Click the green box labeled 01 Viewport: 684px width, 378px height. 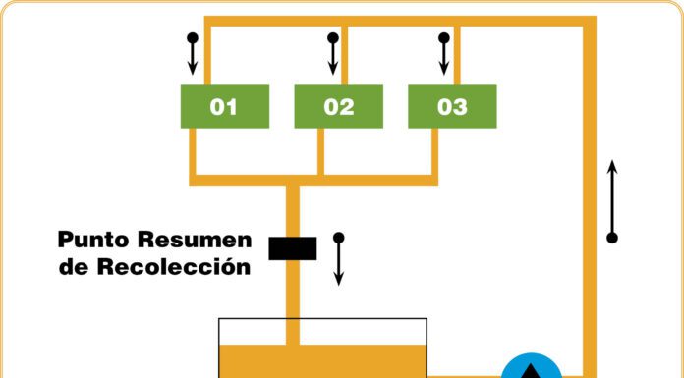click(x=225, y=106)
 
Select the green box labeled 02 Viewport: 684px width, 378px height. click(x=338, y=106)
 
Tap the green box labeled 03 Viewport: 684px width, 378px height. click(x=452, y=106)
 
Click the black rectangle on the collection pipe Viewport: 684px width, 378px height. click(x=293, y=248)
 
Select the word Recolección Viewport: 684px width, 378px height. click(x=174, y=266)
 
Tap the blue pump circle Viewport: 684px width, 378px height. click(x=532, y=368)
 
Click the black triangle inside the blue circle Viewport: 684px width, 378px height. click(x=531, y=372)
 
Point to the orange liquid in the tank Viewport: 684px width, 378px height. click(x=322, y=361)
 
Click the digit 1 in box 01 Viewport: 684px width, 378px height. click(x=232, y=107)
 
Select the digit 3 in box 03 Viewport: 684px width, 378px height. click(x=460, y=107)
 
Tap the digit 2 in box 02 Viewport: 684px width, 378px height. click(x=347, y=107)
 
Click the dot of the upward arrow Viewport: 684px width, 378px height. click(x=612, y=238)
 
